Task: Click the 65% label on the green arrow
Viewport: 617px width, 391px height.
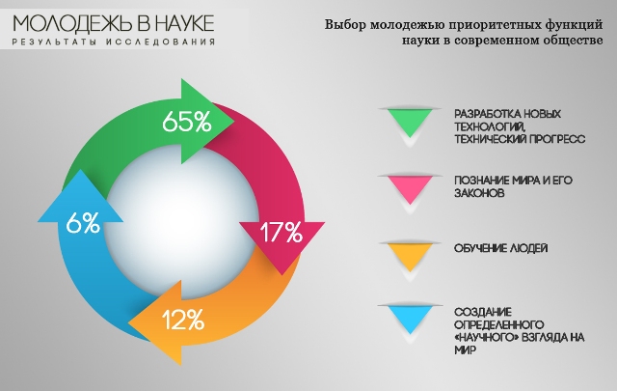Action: [187, 121]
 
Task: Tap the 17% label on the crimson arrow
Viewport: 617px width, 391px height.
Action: [281, 232]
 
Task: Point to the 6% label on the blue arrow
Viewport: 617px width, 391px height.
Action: [83, 223]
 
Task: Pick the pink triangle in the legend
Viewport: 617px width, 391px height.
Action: [410, 188]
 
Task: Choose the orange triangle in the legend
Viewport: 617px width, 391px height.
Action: [410, 256]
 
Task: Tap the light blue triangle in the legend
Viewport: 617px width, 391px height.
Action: [410, 319]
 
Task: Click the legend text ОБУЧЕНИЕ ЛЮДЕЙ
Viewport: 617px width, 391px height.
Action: [501, 248]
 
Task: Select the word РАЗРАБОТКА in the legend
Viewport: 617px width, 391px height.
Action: [488, 114]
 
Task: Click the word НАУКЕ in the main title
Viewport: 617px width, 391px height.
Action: [184, 23]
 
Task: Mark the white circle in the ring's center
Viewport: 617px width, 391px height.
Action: [182, 221]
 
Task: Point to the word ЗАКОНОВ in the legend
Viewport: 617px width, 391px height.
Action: [479, 193]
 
